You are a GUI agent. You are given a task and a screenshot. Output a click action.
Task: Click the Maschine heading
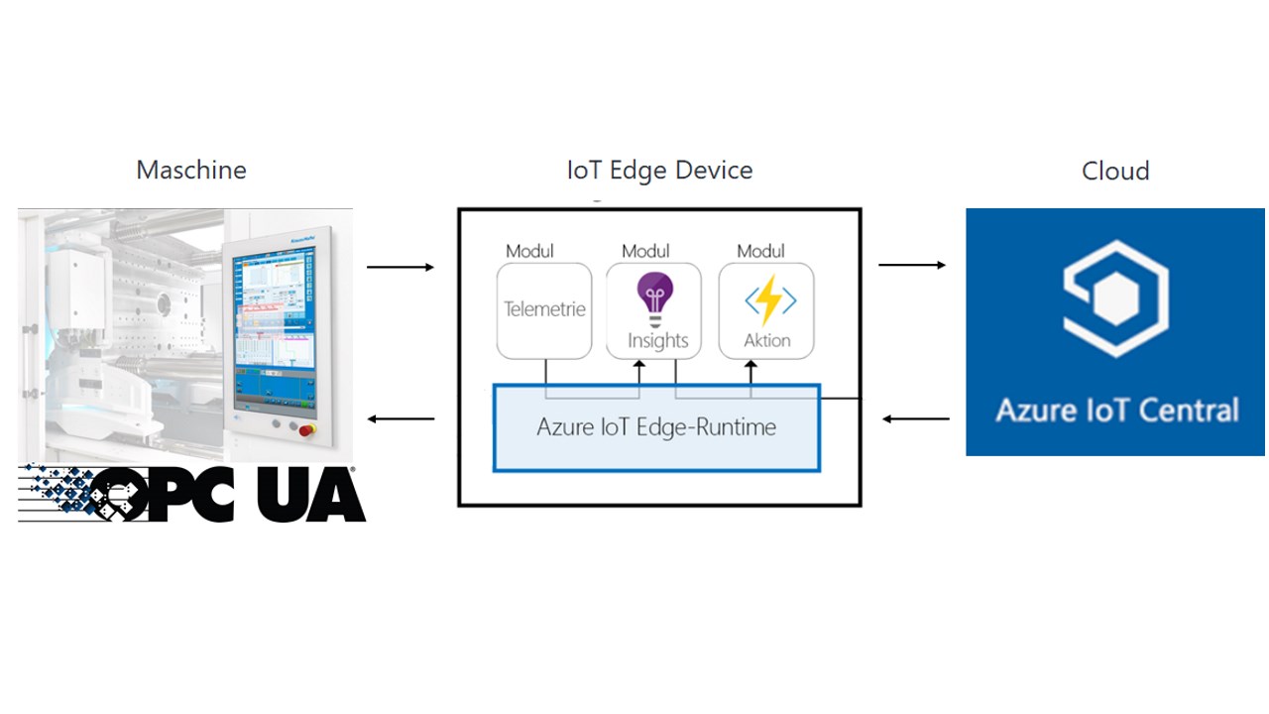coord(191,170)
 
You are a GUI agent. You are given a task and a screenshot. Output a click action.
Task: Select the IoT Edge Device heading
coord(659,170)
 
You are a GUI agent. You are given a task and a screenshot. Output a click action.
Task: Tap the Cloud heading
coord(1115,171)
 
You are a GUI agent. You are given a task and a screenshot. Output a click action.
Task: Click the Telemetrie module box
coord(544,309)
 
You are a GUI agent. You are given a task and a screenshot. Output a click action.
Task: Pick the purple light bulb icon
coord(654,297)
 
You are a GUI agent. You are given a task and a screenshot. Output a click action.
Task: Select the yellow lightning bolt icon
coord(769,299)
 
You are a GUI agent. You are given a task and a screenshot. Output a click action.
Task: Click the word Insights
coord(657,341)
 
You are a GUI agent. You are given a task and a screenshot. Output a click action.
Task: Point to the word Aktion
coord(767,340)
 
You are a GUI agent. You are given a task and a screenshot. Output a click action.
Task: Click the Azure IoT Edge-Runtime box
coord(656,427)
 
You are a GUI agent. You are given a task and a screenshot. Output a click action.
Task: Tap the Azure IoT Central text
coord(1116,410)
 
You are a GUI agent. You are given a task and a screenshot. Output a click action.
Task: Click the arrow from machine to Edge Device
coord(401,267)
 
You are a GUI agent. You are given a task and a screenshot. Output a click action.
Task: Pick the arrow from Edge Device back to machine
coord(401,418)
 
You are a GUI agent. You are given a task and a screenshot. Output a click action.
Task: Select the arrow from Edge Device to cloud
coord(912,265)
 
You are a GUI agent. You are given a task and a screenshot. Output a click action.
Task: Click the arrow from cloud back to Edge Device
coord(916,418)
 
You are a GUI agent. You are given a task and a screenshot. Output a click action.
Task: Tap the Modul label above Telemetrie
coord(529,251)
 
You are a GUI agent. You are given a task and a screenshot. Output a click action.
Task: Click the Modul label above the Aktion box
coord(760,251)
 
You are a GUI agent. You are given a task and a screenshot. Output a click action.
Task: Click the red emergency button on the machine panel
coord(304,428)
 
